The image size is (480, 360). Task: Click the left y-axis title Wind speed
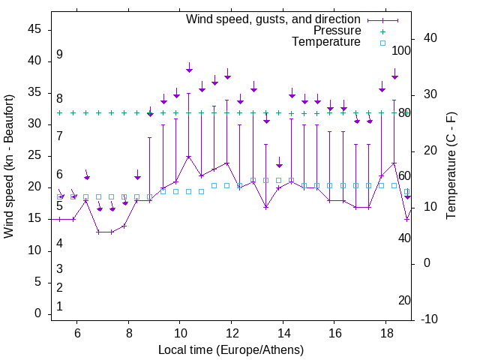click(x=9, y=166)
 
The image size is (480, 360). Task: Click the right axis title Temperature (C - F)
click(x=451, y=166)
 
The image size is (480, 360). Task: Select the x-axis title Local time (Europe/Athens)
click(x=231, y=350)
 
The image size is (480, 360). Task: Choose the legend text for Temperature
click(x=326, y=42)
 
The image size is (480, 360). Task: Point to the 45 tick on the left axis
click(x=35, y=29)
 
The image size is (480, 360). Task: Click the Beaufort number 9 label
click(x=59, y=55)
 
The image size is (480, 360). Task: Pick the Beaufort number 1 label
click(x=59, y=306)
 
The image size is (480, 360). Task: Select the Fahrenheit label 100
click(x=402, y=51)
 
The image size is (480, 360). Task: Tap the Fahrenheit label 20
click(x=405, y=301)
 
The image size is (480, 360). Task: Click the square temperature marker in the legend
click(x=382, y=43)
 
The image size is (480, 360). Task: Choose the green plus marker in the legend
click(x=382, y=31)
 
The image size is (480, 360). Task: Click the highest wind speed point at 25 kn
click(x=188, y=157)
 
